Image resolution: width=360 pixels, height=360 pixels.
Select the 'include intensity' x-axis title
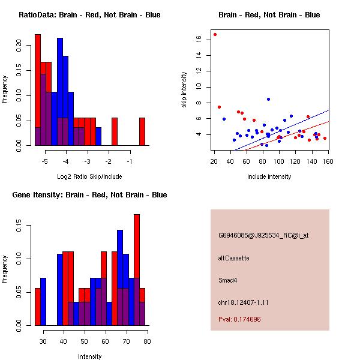(x=269, y=176)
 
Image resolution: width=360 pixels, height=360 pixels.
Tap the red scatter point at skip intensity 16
(x=215, y=34)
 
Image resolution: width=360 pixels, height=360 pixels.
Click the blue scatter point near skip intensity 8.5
(x=268, y=99)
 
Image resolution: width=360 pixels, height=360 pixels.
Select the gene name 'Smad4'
(x=227, y=280)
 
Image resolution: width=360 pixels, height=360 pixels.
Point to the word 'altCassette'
(x=233, y=258)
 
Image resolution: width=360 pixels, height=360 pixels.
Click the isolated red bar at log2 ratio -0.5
(x=142, y=131)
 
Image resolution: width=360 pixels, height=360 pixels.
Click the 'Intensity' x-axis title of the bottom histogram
(x=89, y=356)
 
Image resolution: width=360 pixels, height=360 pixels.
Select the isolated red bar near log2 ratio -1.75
(x=115, y=131)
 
